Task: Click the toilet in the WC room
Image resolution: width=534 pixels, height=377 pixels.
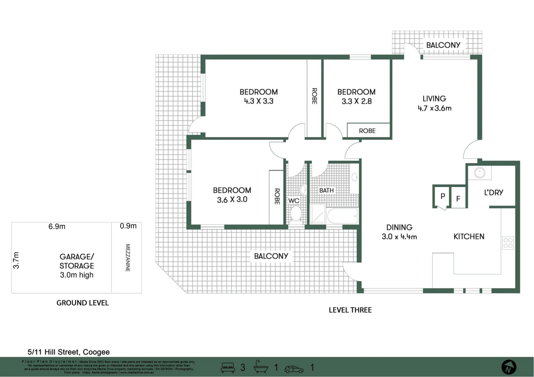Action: pyautogui.click(x=296, y=213)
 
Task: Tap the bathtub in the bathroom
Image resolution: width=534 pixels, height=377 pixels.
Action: pyautogui.click(x=342, y=216)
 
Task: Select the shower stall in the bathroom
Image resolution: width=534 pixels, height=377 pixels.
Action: pyautogui.click(x=318, y=214)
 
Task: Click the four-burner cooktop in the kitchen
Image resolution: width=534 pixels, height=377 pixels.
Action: pyautogui.click(x=508, y=243)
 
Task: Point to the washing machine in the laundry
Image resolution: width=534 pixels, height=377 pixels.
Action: pyautogui.click(x=479, y=172)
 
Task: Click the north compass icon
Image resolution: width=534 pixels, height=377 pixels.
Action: pyautogui.click(x=508, y=368)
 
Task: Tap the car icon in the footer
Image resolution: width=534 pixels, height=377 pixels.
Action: pyautogui.click(x=294, y=369)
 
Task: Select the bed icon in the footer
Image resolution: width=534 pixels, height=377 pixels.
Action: pyautogui.click(x=228, y=368)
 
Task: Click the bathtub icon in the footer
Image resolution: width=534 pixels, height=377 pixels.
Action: pyautogui.click(x=260, y=367)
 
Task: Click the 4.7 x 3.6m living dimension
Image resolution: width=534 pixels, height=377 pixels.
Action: pyautogui.click(x=434, y=108)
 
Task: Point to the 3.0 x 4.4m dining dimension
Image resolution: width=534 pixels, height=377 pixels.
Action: pyautogui.click(x=399, y=237)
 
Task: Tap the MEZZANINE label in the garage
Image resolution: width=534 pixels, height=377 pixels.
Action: pyautogui.click(x=128, y=258)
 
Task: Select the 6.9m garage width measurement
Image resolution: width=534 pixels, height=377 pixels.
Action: pyautogui.click(x=57, y=227)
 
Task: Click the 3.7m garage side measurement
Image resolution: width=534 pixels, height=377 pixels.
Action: pyautogui.click(x=16, y=260)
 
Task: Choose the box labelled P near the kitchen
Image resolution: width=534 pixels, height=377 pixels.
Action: pyautogui.click(x=442, y=197)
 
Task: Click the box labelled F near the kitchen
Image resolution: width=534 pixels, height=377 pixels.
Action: pyautogui.click(x=458, y=199)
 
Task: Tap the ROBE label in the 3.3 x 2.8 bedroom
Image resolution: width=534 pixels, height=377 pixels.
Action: pyautogui.click(x=367, y=131)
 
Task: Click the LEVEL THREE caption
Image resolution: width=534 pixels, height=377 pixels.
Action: pyautogui.click(x=350, y=310)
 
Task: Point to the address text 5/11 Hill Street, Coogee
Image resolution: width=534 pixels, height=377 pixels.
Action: pyautogui.click(x=68, y=352)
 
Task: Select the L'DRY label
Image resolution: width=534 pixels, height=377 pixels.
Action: pyautogui.click(x=493, y=192)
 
